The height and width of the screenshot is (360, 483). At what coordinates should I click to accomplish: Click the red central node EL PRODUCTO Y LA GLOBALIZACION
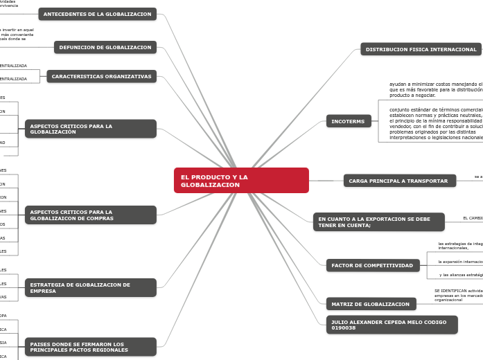pos(240,180)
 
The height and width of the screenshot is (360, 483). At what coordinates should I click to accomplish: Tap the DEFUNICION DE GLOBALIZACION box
pos(105,47)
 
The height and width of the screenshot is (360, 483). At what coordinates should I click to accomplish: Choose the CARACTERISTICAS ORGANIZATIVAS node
pos(101,76)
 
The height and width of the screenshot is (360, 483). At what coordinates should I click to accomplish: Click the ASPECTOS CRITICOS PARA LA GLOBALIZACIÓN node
pos(91,129)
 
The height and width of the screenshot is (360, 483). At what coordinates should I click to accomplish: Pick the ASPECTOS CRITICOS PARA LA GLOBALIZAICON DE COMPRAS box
pos(91,215)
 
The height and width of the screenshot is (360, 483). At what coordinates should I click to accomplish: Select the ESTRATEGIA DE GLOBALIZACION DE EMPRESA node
pos(91,287)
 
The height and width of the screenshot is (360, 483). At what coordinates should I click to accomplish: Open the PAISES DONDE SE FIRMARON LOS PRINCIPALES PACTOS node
pos(91,347)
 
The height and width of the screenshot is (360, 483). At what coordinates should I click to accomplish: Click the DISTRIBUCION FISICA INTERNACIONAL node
pos(421,49)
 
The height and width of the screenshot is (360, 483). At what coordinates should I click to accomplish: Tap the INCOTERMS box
pos(349,121)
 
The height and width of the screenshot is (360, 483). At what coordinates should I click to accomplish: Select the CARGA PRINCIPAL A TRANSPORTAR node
pos(399,181)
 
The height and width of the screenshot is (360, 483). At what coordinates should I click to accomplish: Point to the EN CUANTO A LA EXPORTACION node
pos(378,222)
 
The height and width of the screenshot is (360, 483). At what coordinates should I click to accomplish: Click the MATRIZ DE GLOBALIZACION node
pos(371,304)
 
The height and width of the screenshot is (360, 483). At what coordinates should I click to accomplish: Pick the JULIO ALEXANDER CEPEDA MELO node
pos(392,324)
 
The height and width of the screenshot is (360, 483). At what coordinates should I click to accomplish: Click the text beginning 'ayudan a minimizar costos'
pos(435,89)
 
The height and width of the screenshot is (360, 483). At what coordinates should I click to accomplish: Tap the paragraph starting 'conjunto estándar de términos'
pos(435,123)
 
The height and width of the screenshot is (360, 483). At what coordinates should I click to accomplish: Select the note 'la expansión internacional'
pos(460,262)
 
